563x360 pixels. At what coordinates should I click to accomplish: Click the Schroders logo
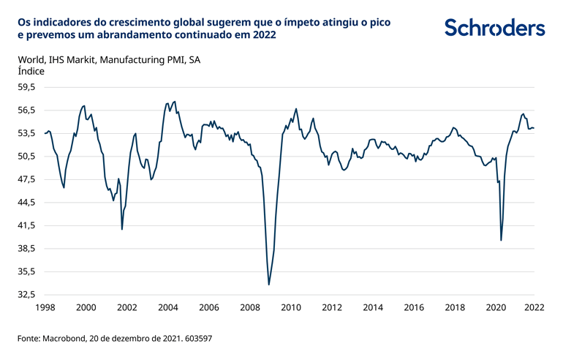coord(495,28)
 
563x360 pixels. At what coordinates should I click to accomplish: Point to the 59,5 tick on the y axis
coord(26,87)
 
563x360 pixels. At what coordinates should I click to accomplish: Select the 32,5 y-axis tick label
coord(26,295)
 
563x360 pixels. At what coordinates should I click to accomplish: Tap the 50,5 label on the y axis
coord(26,157)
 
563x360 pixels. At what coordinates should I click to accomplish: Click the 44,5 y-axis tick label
coord(26,203)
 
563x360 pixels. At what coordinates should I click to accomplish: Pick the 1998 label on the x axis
coord(45,308)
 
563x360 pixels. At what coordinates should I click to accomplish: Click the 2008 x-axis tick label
coord(250,308)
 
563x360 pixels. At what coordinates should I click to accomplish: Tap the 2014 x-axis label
coord(373,308)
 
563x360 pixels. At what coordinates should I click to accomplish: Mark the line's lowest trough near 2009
coord(269,285)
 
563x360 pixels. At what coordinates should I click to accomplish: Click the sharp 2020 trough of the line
coord(501,240)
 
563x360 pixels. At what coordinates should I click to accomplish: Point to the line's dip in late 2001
coord(122,229)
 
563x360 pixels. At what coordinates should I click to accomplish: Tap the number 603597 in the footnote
coord(197,340)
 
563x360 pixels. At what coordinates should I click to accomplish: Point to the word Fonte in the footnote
coord(29,340)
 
